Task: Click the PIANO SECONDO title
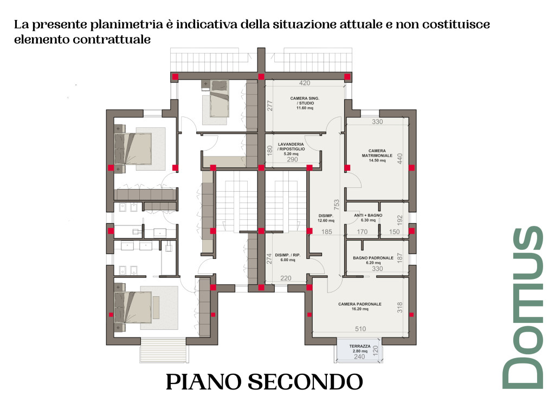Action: pos(264,381)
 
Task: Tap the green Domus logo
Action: pos(523,307)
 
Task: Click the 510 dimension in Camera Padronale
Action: pos(360,329)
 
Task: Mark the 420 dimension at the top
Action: pos(305,83)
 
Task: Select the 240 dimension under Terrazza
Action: pos(359,357)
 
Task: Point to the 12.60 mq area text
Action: pos(326,220)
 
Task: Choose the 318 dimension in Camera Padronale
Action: pos(401,307)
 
